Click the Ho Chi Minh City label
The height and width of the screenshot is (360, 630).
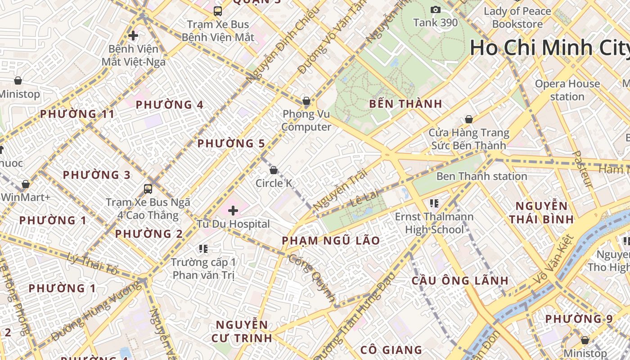(x=549, y=48)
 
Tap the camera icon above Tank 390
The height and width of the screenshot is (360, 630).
(x=435, y=9)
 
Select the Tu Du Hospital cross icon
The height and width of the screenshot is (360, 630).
(x=233, y=210)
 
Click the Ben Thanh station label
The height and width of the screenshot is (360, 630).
(x=481, y=176)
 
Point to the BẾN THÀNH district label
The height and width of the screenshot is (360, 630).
(x=405, y=104)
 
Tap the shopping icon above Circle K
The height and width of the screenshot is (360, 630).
(x=273, y=170)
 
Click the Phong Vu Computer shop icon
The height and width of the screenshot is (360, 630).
(x=306, y=101)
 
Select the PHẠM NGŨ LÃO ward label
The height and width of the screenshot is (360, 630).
(x=331, y=241)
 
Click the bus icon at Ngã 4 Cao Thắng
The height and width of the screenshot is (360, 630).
(x=148, y=189)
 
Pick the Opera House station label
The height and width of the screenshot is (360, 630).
(x=567, y=90)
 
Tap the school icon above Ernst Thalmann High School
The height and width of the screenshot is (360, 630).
(x=434, y=203)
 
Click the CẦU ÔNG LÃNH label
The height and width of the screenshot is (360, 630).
(x=460, y=281)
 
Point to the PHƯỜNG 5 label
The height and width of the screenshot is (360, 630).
(x=231, y=144)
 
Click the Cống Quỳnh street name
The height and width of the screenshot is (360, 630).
(x=312, y=278)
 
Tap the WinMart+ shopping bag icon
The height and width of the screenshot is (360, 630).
(x=26, y=184)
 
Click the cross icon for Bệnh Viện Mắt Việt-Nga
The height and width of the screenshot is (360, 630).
(x=133, y=35)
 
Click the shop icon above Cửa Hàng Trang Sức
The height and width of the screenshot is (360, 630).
(x=468, y=119)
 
